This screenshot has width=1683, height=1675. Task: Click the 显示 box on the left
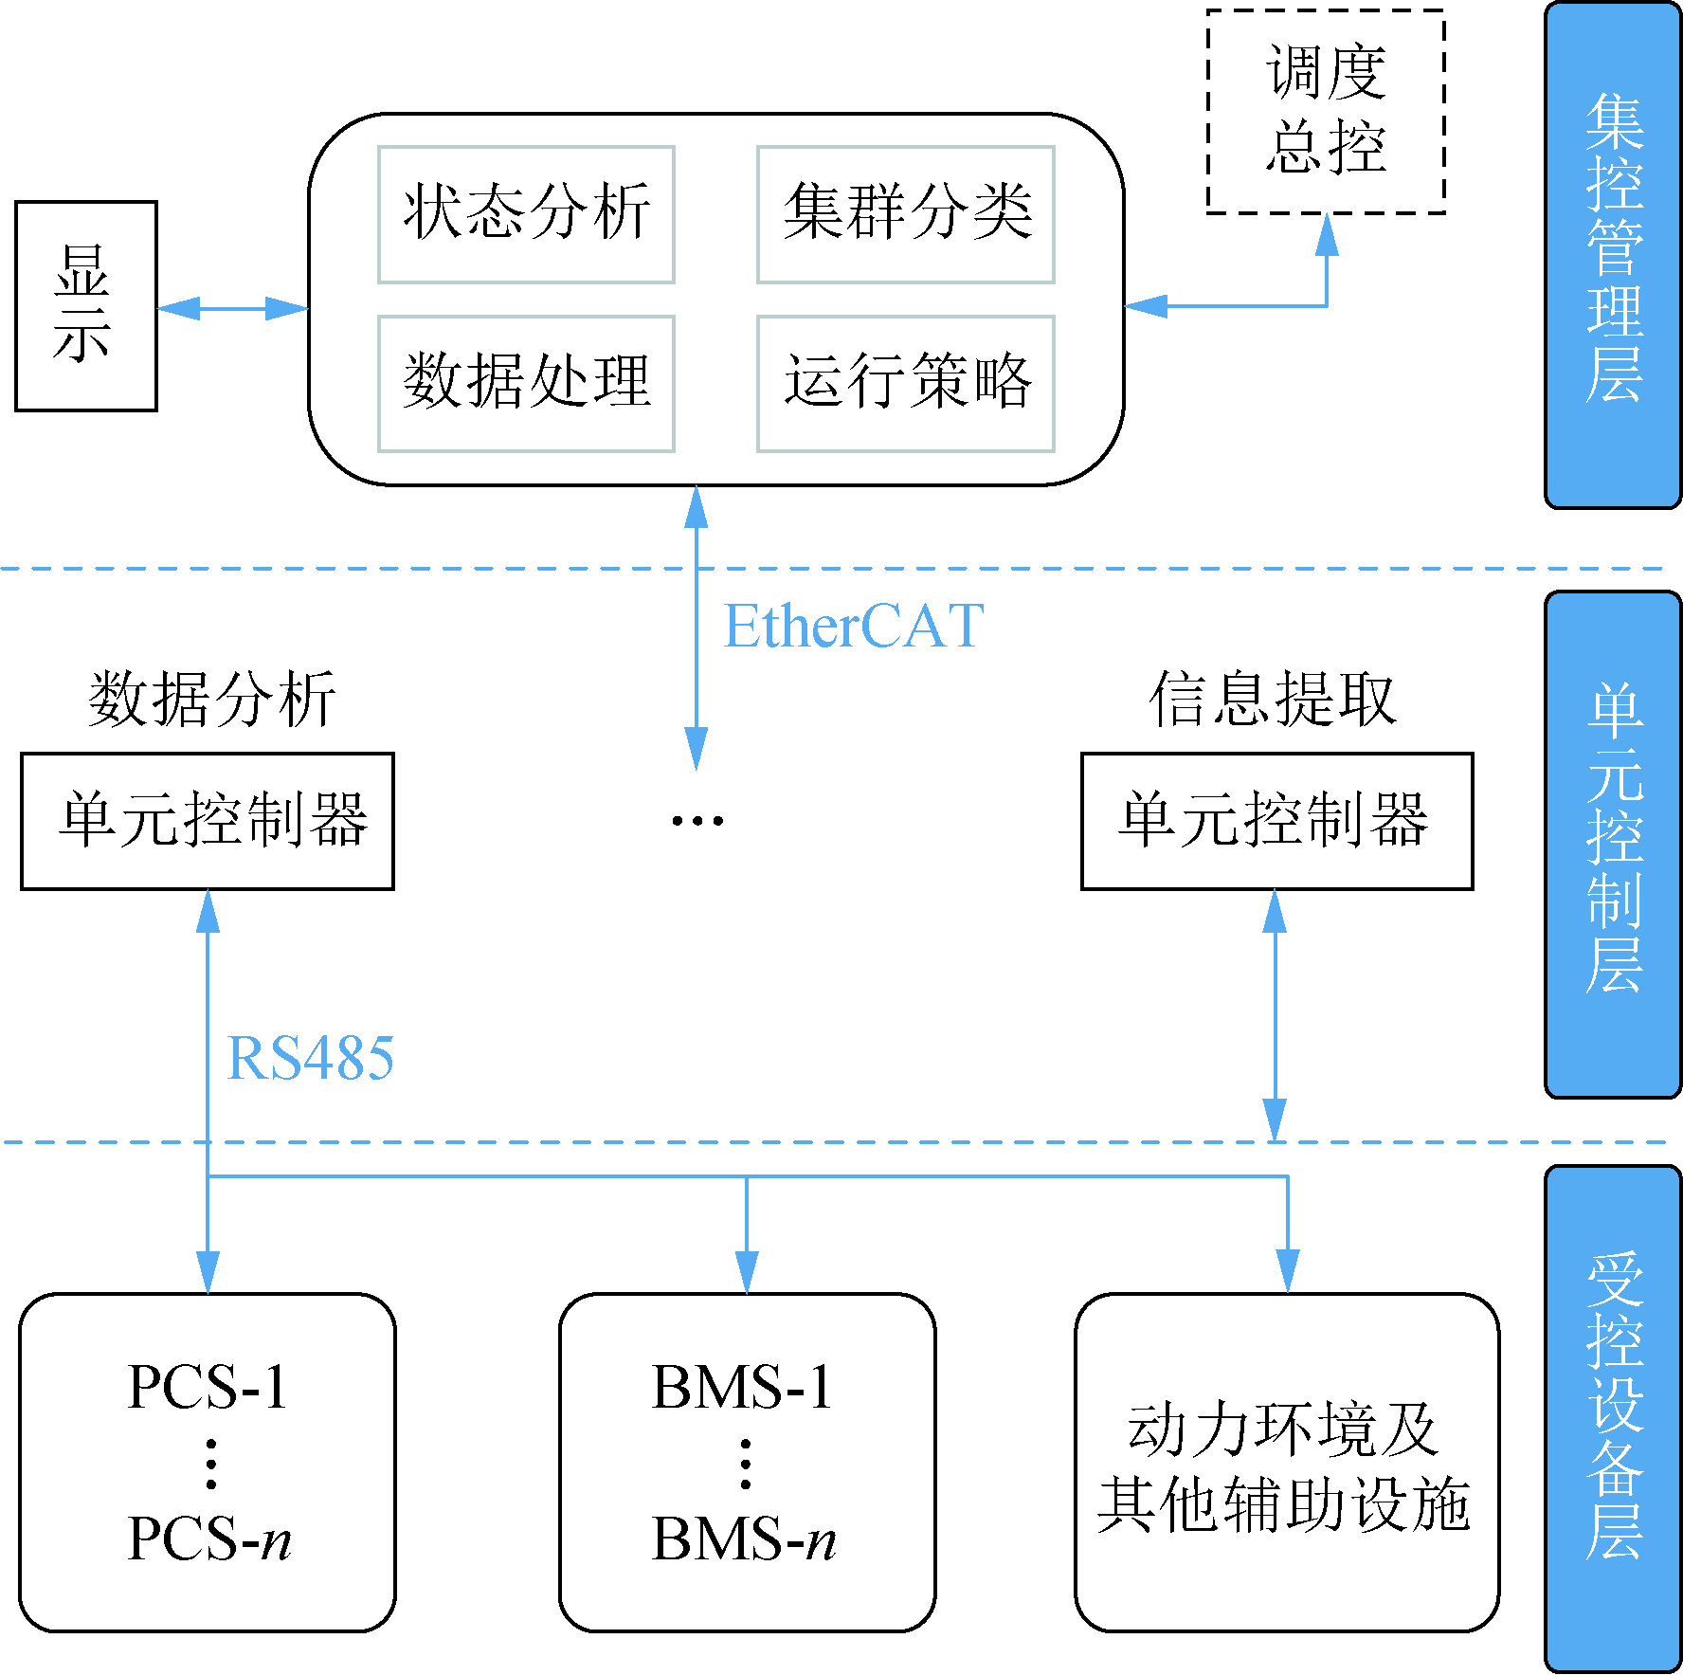pyautogui.click(x=85, y=305)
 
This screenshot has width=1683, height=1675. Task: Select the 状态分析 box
pyautogui.click(x=526, y=214)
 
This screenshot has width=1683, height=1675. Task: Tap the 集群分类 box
pyautogui.click(x=905, y=214)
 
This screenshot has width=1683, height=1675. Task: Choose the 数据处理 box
pyautogui.click(x=526, y=383)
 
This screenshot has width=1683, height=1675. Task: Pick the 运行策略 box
pyautogui.click(x=905, y=383)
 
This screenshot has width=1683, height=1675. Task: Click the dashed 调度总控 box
pyautogui.click(x=1325, y=111)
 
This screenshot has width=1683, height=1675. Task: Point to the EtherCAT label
pyautogui.click(x=853, y=627)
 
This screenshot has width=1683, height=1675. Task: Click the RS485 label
pyautogui.click(x=310, y=1058)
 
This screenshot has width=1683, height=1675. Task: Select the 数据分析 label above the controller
pyautogui.click(x=211, y=700)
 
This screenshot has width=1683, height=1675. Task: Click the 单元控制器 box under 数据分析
pyautogui.click(x=207, y=821)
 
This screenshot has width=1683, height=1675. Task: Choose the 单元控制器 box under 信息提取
pyautogui.click(x=1276, y=821)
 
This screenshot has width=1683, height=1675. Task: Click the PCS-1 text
pyautogui.click(x=207, y=1388)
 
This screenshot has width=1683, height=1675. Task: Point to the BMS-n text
pyautogui.click(x=744, y=1538)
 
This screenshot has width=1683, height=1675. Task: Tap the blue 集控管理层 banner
pyautogui.click(x=1613, y=254)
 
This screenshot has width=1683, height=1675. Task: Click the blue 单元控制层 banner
pyautogui.click(x=1613, y=844)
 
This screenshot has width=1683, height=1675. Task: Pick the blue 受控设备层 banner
pyautogui.click(x=1613, y=1418)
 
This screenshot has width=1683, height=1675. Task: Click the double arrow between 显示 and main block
pyautogui.click(x=232, y=308)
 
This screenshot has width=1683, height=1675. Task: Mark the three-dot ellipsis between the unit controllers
pyautogui.click(x=697, y=821)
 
